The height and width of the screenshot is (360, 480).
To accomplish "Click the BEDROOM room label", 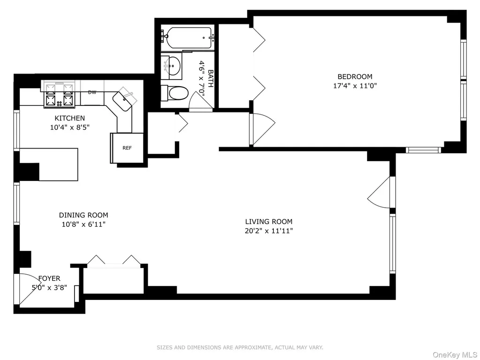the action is point(355,76).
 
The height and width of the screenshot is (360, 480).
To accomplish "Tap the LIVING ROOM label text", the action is point(269,221).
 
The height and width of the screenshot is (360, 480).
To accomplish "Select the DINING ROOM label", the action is point(83,215).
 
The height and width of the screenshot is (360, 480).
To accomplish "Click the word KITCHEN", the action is point(70,118).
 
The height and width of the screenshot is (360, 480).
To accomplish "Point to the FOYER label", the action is point(49,278).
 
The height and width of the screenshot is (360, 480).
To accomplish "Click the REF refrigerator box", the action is point(127,148).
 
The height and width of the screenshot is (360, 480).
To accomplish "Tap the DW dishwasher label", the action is point(92,92).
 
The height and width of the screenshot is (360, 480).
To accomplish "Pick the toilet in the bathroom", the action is point(174,93).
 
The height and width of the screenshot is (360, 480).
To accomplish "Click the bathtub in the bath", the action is point(187,38).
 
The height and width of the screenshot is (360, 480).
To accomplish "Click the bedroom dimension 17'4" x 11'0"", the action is point(355,86).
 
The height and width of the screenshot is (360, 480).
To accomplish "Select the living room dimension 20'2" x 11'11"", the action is point(269,231).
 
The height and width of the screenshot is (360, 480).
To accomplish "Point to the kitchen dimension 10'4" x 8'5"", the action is point(70,127).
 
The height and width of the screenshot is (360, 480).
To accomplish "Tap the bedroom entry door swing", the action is point(262,129).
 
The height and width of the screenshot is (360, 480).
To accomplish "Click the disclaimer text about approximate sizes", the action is point(240,347).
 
